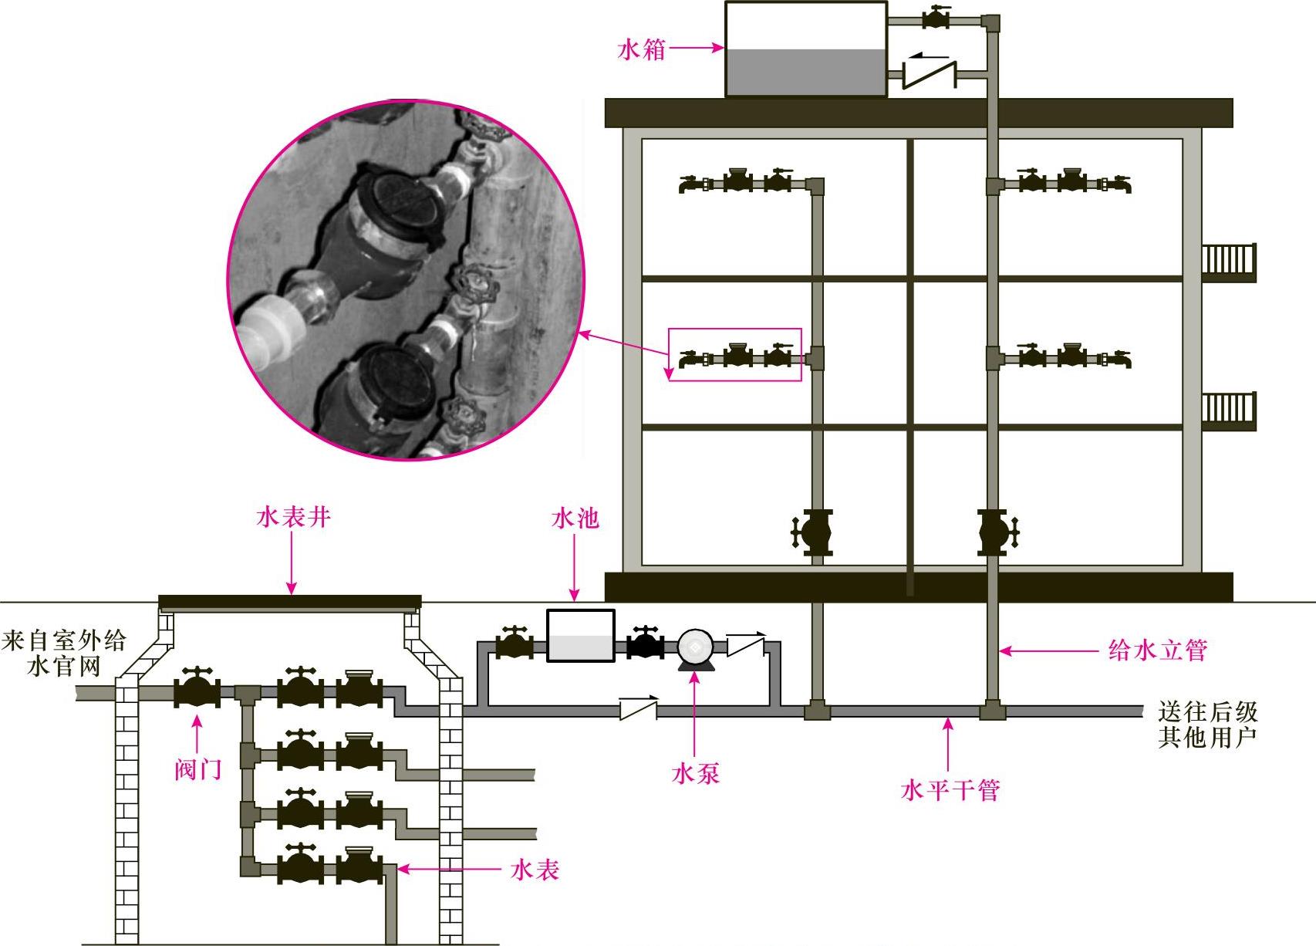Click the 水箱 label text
coord(641,50)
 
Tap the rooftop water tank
coord(806,49)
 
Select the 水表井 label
coord(293,517)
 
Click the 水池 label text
coord(575,519)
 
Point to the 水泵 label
coord(696,773)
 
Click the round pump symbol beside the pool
coord(694,648)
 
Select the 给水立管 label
coord(1157,650)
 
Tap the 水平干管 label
coord(950,790)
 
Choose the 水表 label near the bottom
coord(535,870)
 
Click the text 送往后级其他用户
coord(1207,724)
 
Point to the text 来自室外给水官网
coord(64,653)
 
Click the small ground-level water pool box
coord(581,636)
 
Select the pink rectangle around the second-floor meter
coord(734,354)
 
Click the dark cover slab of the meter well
coord(290,602)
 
